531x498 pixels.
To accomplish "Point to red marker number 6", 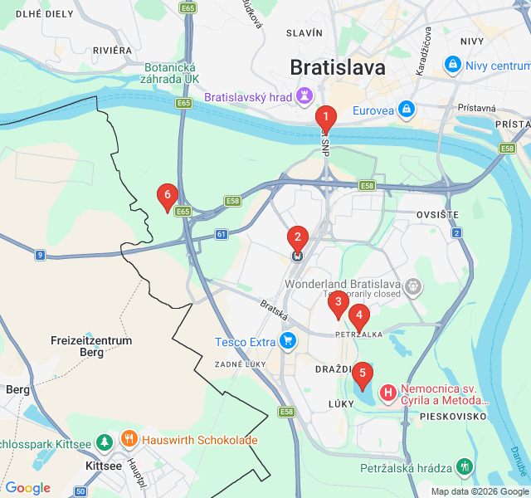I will tap(168, 197).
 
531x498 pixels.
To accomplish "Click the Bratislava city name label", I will tap(337, 67).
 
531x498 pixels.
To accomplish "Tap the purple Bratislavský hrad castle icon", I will tap(304, 97).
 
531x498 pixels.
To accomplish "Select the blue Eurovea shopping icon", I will tap(406, 109).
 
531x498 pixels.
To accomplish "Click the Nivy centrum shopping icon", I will tap(453, 64).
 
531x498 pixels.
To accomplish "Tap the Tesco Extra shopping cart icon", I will tap(288, 341).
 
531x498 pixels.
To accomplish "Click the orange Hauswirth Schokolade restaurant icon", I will tap(129, 440).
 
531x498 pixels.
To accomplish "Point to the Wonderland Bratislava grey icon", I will tap(412, 286).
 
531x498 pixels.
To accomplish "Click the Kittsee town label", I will tap(104, 466).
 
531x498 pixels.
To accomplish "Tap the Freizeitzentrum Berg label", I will tap(91, 346).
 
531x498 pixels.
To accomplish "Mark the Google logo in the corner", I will tap(28, 488).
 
